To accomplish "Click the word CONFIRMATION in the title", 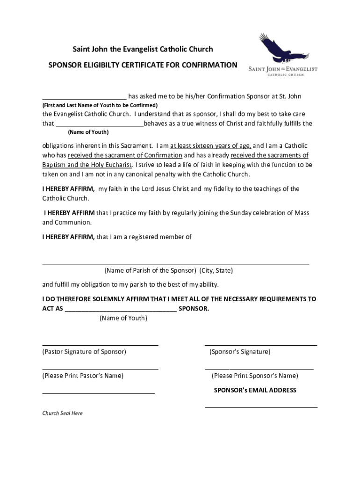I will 209,65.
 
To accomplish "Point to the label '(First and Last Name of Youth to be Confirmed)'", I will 100,105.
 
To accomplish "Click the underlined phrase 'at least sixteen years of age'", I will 210,145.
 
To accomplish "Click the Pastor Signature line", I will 100,344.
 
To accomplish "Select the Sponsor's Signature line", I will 261,344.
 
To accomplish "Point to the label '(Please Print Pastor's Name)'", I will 83,376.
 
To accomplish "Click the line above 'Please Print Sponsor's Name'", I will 259,369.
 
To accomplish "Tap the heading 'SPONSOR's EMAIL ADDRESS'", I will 255,390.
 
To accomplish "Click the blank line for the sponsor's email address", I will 261,407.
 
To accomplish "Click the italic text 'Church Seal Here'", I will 63,414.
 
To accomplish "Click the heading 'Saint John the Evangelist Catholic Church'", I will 142,49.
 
